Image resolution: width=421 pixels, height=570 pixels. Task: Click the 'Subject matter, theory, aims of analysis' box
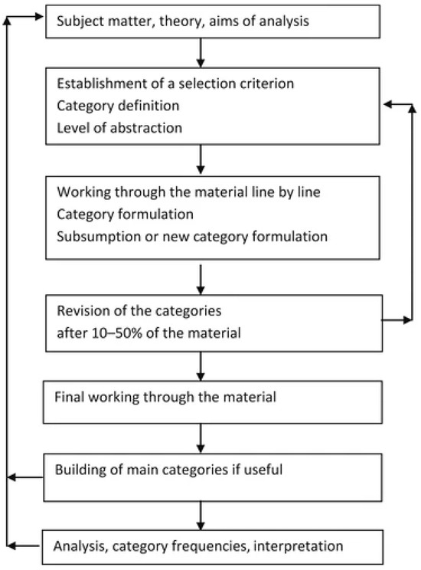[x=214, y=21]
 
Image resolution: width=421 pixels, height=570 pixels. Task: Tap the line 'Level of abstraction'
[x=119, y=128]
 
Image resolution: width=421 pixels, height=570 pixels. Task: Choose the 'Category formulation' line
[x=115, y=215]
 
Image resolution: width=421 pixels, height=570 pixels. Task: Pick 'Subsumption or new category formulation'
[x=191, y=237]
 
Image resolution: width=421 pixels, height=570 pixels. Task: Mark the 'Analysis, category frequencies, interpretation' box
[x=214, y=545]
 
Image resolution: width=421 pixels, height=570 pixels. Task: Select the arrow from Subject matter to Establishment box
[x=200, y=51]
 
